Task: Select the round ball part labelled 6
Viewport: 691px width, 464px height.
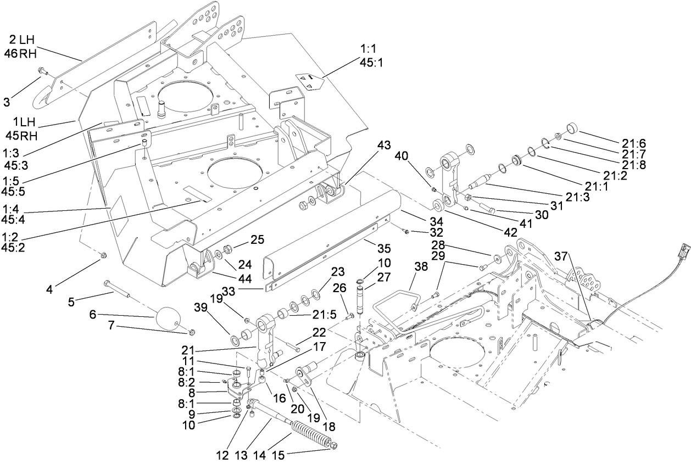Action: (x=169, y=318)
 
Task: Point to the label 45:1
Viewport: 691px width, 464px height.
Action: (x=371, y=63)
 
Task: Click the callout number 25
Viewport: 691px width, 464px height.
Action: (x=258, y=240)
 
